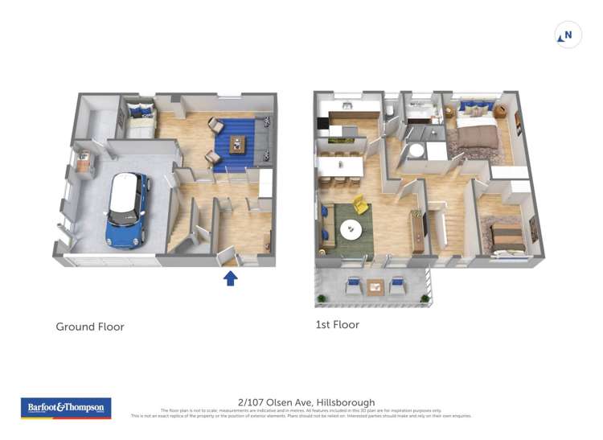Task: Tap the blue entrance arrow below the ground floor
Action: pos(230,278)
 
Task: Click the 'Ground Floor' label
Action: pos(90,327)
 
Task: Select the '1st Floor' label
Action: pos(338,325)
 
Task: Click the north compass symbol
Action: pos(568,35)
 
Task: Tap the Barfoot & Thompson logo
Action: pos(66,408)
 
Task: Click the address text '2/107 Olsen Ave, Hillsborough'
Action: pos(306,402)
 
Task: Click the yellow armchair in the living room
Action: pos(360,206)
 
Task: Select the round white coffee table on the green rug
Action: pos(351,230)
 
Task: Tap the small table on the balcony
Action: pos(375,286)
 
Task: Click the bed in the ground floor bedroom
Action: pos(140,120)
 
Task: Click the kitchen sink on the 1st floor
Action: pos(347,105)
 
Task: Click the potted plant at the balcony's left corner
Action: pos(322,298)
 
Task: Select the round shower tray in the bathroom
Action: pos(416,151)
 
